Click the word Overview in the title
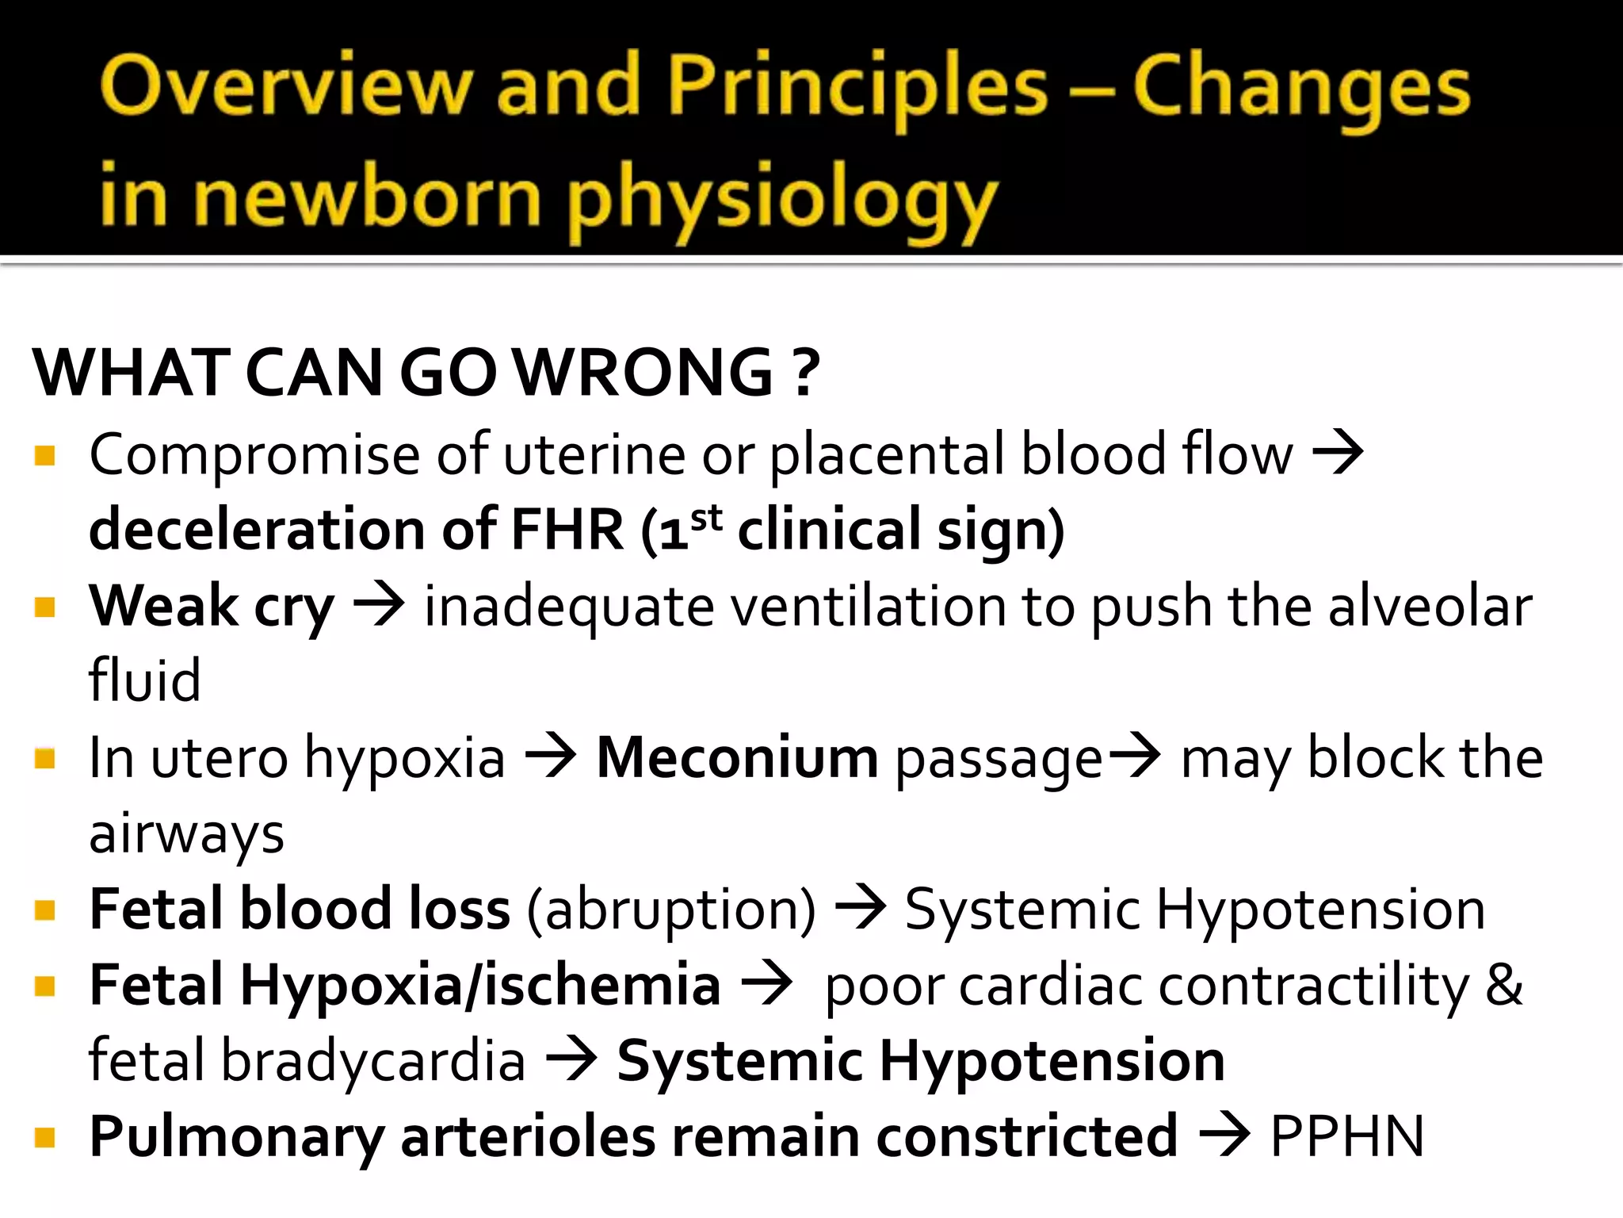(286, 86)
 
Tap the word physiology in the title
(781, 198)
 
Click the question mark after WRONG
(805, 373)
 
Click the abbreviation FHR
(567, 530)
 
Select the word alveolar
(1430, 607)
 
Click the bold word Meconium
(737, 758)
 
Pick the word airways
(186, 835)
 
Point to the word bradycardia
(373, 1061)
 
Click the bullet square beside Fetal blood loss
(45, 910)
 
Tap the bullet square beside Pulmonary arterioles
(45, 1138)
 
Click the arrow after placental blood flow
(1338, 454)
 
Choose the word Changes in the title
(1300, 87)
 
